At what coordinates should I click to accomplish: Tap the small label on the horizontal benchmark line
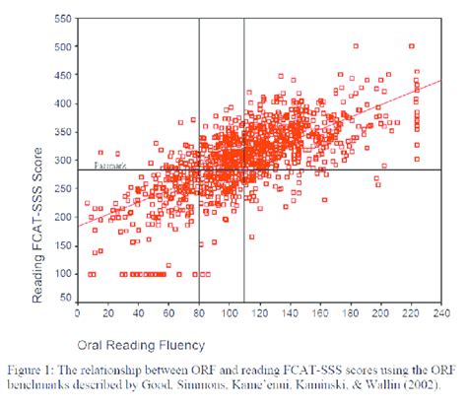107,165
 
